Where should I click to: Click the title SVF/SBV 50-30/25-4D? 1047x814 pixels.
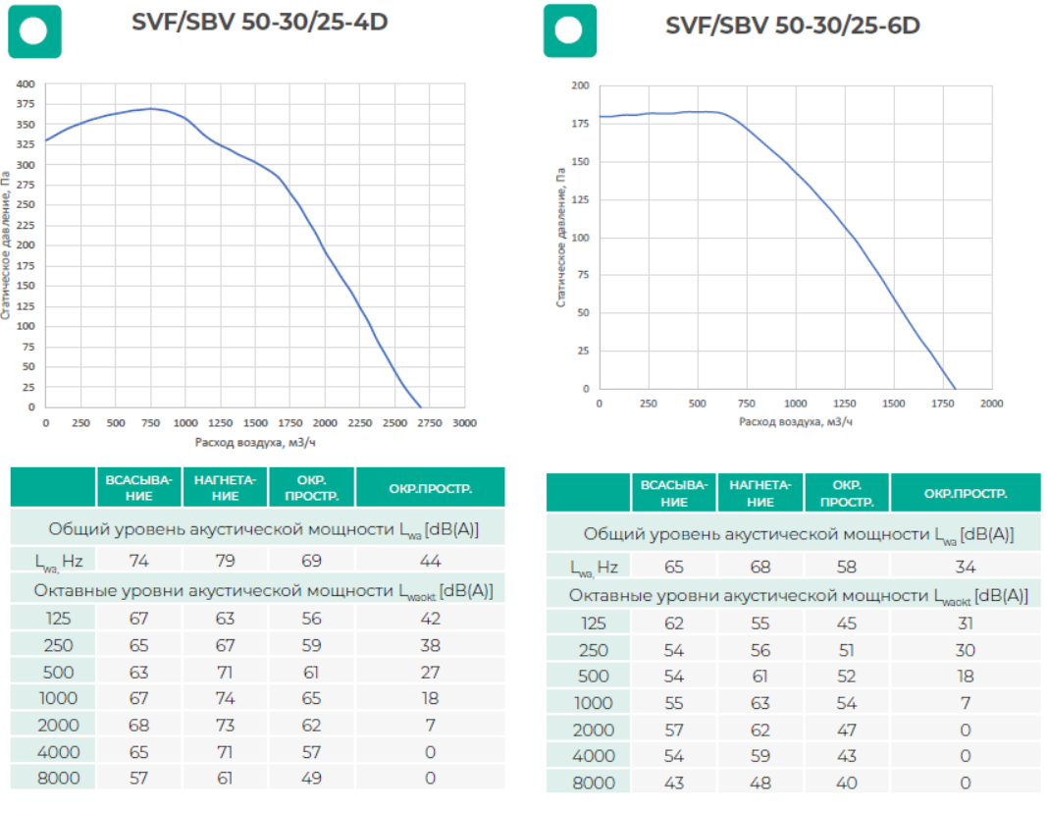pos(260,22)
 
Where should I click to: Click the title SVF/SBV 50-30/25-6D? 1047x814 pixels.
pos(792,25)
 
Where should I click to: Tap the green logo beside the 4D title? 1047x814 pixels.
pos(34,30)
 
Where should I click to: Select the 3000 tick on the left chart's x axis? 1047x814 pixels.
pos(464,423)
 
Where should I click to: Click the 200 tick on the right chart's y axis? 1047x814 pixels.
pos(580,86)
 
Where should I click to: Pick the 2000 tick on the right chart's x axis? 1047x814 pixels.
pos(991,404)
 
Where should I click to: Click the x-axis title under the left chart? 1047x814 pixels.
pos(255,442)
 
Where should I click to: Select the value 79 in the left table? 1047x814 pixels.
pos(225,561)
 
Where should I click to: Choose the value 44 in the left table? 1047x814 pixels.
pos(430,561)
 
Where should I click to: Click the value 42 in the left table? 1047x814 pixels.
pos(430,619)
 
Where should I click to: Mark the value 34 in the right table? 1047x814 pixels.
pos(965,567)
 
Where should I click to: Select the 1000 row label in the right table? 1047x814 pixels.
pos(592,703)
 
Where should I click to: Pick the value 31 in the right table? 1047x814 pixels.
pos(965,624)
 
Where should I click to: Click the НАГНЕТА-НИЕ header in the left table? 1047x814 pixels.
pos(225,488)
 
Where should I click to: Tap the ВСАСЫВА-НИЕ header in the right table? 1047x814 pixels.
pos(673,493)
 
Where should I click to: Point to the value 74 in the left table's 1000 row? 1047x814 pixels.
pos(225,698)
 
